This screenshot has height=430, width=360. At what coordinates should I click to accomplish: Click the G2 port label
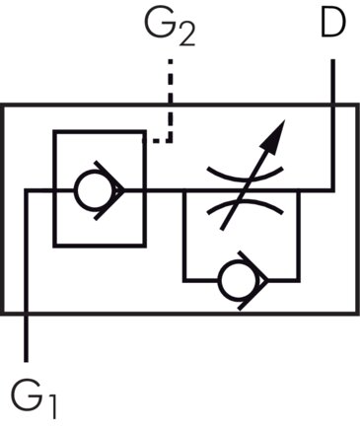[170, 31]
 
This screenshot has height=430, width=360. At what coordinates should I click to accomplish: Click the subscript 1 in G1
[51, 406]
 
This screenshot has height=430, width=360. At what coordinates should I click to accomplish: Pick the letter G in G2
[160, 27]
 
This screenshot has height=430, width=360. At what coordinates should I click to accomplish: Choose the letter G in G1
[27, 396]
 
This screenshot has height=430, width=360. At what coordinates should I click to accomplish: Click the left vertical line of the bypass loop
[183, 237]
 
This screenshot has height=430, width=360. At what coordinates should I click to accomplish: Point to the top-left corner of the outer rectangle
[4, 106]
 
